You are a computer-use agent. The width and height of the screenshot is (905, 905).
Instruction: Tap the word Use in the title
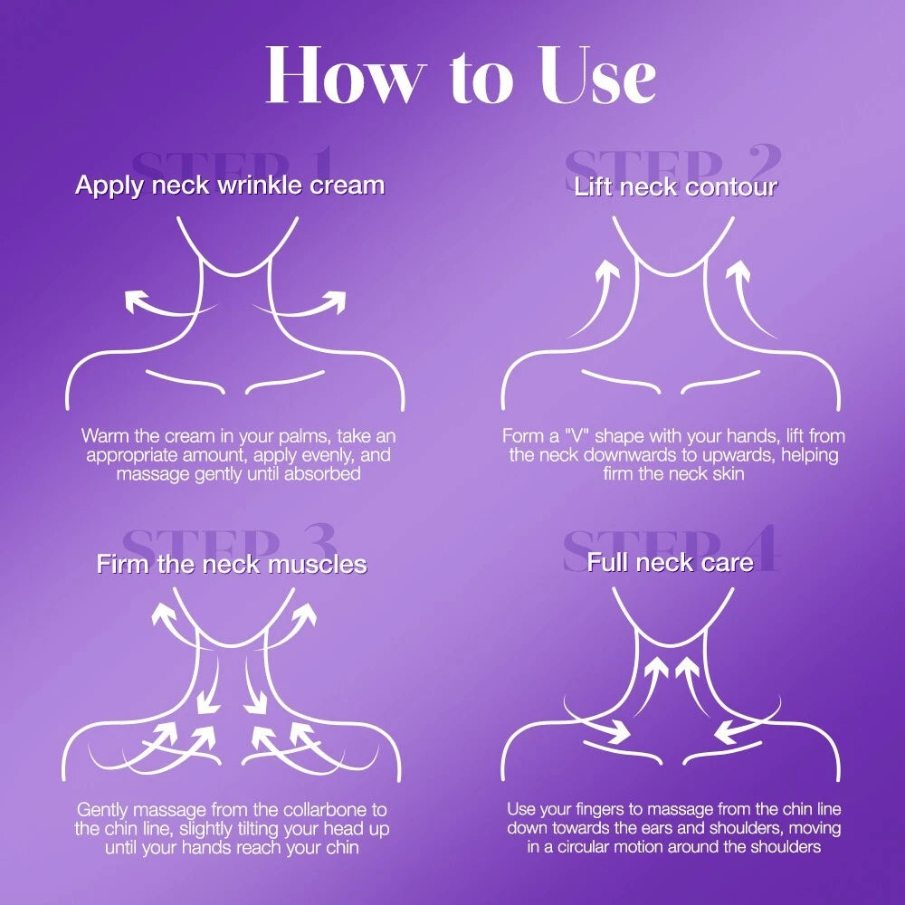598,75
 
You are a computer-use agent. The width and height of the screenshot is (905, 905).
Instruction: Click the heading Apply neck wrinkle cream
230,186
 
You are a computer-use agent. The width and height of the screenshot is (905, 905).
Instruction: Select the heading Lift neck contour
675,186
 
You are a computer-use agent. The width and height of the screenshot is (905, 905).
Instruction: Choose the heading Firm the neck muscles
232,564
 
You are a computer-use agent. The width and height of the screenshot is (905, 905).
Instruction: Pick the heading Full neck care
670,562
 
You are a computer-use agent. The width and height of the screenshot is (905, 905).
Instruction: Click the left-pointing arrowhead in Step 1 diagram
137,302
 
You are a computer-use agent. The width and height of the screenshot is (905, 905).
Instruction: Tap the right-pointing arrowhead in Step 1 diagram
334,302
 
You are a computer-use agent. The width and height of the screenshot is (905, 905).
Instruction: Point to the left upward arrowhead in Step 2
607,270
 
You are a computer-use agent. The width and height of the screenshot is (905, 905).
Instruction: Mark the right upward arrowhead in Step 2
738,270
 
